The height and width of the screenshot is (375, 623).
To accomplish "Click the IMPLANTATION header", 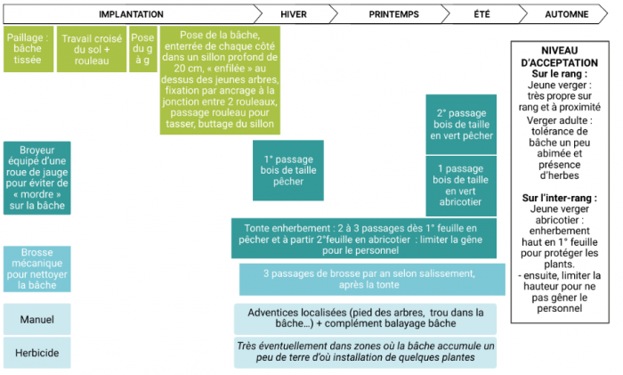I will click(131, 14).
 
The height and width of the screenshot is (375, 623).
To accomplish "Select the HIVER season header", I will click(293, 14).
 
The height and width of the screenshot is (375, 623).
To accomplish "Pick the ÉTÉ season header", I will click(482, 14).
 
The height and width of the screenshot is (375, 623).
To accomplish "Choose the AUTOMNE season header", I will click(566, 14).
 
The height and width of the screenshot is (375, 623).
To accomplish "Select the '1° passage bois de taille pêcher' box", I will click(288, 170).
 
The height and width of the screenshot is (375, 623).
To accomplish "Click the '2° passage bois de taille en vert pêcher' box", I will click(461, 125).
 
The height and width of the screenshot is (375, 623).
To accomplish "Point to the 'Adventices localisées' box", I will click(366, 319).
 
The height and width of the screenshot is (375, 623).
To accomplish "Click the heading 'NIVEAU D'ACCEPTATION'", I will click(559, 57).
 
